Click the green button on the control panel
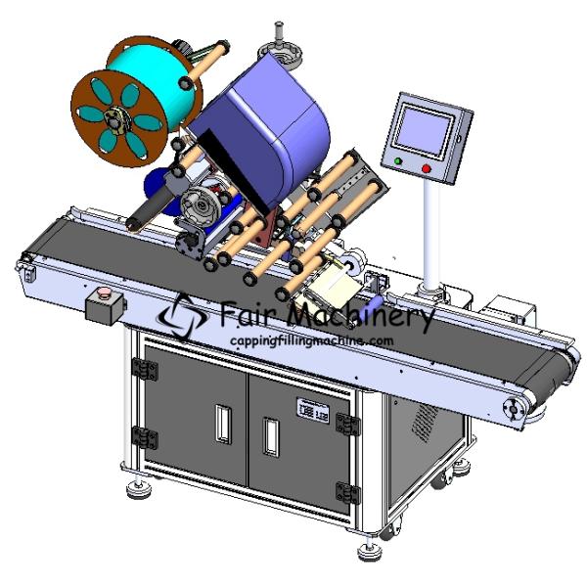tap(397, 161)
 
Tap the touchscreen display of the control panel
tap(425, 129)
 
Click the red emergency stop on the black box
tap(103, 293)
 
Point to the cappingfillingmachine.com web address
tap(311, 341)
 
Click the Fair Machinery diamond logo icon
tap(183, 316)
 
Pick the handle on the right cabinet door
tap(271, 436)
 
